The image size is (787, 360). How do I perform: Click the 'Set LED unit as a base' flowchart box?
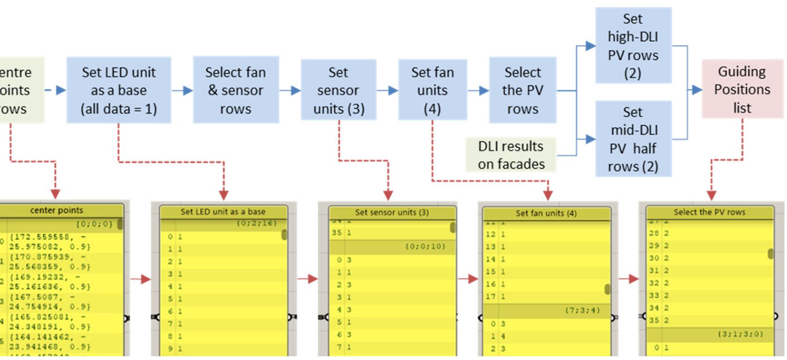[118, 90]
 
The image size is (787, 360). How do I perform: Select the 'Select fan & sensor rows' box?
[236, 90]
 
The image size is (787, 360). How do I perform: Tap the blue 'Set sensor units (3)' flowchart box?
[338, 90]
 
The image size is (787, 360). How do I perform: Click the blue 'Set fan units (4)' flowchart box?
[432, 90]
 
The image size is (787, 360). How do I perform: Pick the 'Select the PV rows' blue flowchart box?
[522, 90]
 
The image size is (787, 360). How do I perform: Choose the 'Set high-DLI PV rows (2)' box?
[633, 45]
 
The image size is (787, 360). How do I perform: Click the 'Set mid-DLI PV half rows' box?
[633, 139]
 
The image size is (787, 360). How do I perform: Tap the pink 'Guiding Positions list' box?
[742, 89]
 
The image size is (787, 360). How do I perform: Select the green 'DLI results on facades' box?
[511, 155]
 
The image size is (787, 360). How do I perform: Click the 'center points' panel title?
[57, 210]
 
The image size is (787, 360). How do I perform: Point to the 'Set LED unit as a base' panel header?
[223, 212]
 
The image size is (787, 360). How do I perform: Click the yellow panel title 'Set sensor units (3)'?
[391, 212]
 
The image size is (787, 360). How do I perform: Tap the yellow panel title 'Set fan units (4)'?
[546, 213]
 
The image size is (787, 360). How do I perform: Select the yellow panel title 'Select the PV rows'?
[709, 212]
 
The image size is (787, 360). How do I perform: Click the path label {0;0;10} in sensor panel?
[425, 246]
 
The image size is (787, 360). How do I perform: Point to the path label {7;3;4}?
[582, 310]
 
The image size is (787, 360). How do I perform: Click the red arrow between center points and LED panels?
[141, 279]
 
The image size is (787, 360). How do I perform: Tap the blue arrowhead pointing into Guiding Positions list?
[697, 90]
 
